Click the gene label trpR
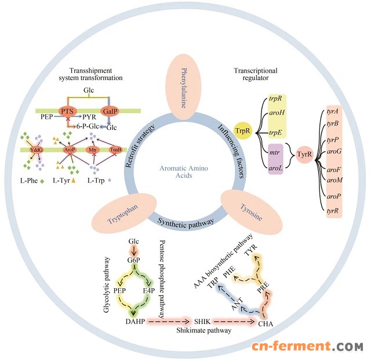coord(275,101)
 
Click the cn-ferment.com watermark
coord(307,346)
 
